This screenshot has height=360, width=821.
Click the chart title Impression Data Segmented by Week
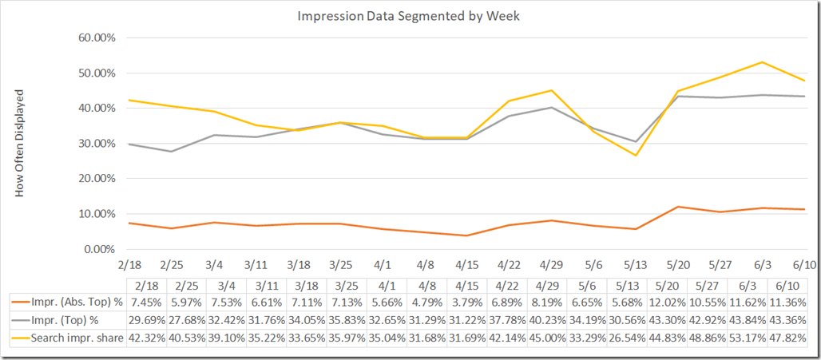[x=410, y=16]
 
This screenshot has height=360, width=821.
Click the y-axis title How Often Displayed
[x=21, y=143]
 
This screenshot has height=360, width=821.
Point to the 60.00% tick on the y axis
[x=94, y=38]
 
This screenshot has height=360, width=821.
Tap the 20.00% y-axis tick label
[x=94, y=179]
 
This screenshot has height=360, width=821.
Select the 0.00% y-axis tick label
[x=97, y=249]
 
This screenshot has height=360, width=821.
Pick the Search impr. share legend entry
[x=70, y=338]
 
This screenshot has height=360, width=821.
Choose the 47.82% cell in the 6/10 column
[x=791, y=338]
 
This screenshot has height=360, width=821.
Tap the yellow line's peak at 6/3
[x=763, y=62]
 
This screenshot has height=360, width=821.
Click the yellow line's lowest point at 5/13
[x=636, y=155]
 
